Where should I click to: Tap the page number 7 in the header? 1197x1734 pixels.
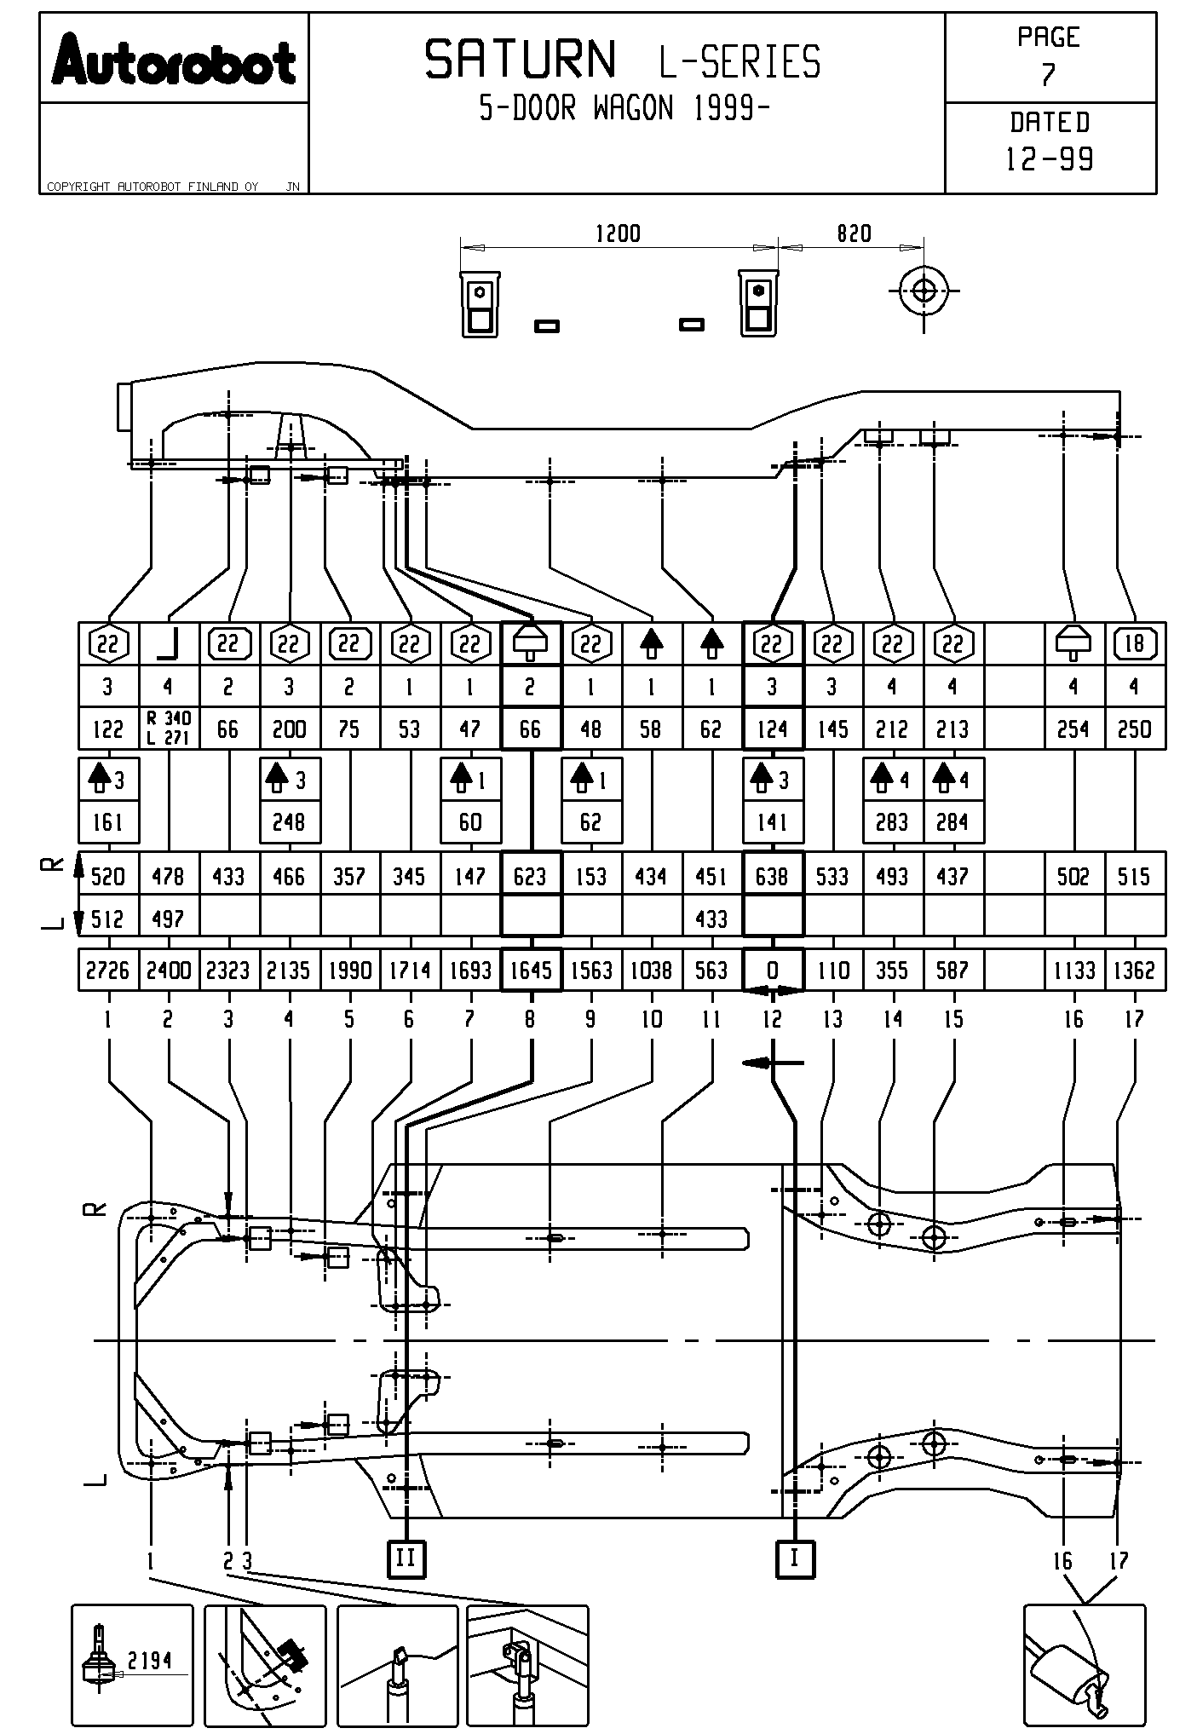tap(1049, 75)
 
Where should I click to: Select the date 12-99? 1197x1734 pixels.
tap(1050, 159)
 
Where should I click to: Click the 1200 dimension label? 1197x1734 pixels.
tap(618, 233)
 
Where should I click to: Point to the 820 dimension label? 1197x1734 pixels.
tap(854, 233)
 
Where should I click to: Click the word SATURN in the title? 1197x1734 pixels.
tap(521, 60)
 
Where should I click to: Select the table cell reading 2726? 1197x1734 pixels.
tap(108, 971)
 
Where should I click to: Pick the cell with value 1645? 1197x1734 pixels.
tap(531, 971)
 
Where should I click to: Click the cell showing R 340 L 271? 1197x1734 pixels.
tap(169, 729)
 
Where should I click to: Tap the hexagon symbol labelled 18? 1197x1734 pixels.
tap(1135, 643)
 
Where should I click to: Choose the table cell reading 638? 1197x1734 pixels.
tap(772, 876)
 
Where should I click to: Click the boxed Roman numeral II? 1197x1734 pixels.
tap(406, 1559)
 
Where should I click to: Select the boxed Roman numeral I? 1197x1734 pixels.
tap(795, 1559)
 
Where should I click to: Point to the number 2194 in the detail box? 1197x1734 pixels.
tap(150, 1660)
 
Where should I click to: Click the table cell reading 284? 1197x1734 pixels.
tap(952, 822)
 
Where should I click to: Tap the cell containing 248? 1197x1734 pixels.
tap(289, 822)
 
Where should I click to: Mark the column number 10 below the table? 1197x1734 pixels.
tap(652, 1019)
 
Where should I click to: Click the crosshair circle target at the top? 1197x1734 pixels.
tap(924, 291)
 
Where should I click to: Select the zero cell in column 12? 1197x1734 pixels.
tap(772, 971)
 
